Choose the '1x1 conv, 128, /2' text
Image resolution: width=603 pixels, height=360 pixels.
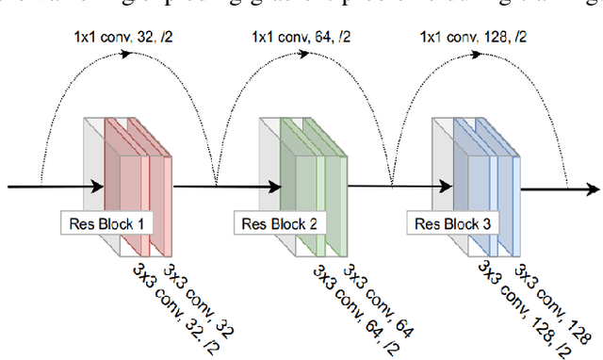coord(473,38)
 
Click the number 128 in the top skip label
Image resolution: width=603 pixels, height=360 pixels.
coord(500,38)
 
